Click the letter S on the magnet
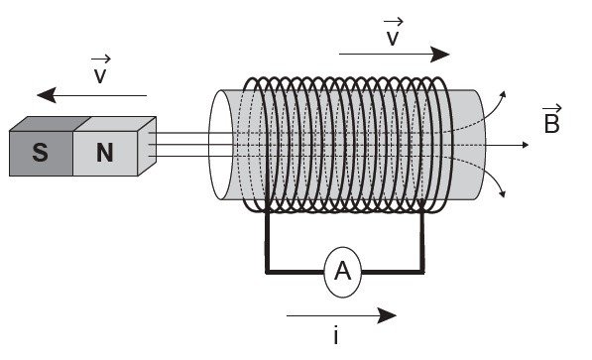pos(40,153)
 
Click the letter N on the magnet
pos(104,153)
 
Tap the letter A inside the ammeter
pos(342,271)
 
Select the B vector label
pos(552,119)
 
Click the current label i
pos(335,335)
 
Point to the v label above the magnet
pos(100,69)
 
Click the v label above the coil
pos(393,32)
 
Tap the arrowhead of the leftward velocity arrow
pos(47,95)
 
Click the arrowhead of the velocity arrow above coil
pos(440,55)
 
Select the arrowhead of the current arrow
pos(387,315)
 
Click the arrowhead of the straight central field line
pos(526,145)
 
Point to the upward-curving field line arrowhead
pos(503,94)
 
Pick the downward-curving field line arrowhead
pos(502,194)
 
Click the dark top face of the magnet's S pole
pos(50,124)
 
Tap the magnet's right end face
pos(147,146)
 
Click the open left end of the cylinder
pos(220,145)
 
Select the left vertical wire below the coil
pos(268,241)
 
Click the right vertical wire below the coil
pos(422,241)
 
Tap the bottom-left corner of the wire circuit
pos(268,272)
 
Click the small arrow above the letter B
pos(552,108)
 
